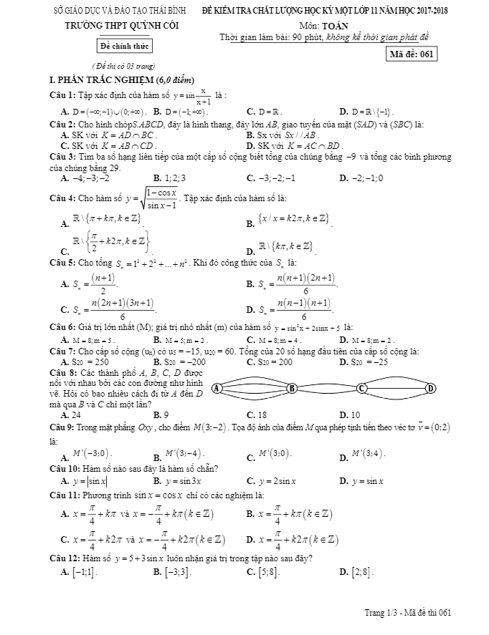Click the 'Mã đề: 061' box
pos(412,55)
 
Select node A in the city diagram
pos(217,388)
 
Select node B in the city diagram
pos(291,388)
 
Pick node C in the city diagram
pos(361,388)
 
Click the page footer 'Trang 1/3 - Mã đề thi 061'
pos(408,612)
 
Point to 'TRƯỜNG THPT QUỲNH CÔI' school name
pos(124,26)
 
